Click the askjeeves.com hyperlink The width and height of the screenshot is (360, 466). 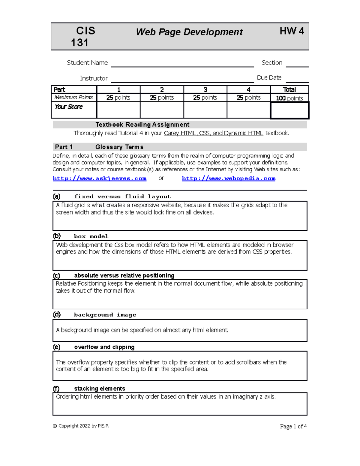pos(100,179)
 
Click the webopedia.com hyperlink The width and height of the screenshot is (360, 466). pos(229,179)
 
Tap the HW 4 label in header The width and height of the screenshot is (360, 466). pos(292,31)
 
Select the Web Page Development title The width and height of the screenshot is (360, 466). pos(189,32)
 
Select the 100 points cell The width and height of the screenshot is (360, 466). pos(289,98)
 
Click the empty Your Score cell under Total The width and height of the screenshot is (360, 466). pos(289,110)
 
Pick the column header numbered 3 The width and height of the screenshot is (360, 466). pos(205,90)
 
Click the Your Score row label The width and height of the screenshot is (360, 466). pos(69,107)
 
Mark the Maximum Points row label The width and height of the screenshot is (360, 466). pos(74,98)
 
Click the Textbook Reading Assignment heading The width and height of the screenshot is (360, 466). pos(142,125)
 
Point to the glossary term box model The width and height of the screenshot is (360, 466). pos(91,236)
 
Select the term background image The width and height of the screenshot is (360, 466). pos(105,315)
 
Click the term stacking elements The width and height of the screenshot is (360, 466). pos(100,389)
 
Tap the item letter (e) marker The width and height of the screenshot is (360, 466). pos(57,347)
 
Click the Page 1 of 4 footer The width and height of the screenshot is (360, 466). pos(293,426)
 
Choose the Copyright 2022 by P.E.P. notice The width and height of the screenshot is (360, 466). pos(81,426)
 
